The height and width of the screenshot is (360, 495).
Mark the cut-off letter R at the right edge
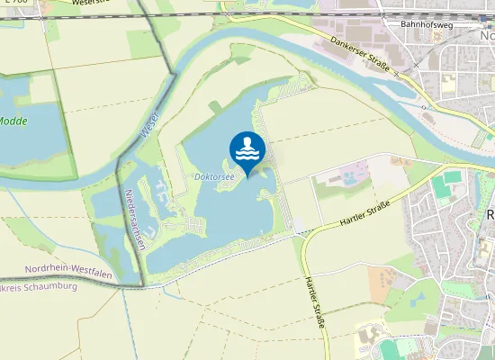(490, 216)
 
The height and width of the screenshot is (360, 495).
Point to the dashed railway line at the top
(270, 15)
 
